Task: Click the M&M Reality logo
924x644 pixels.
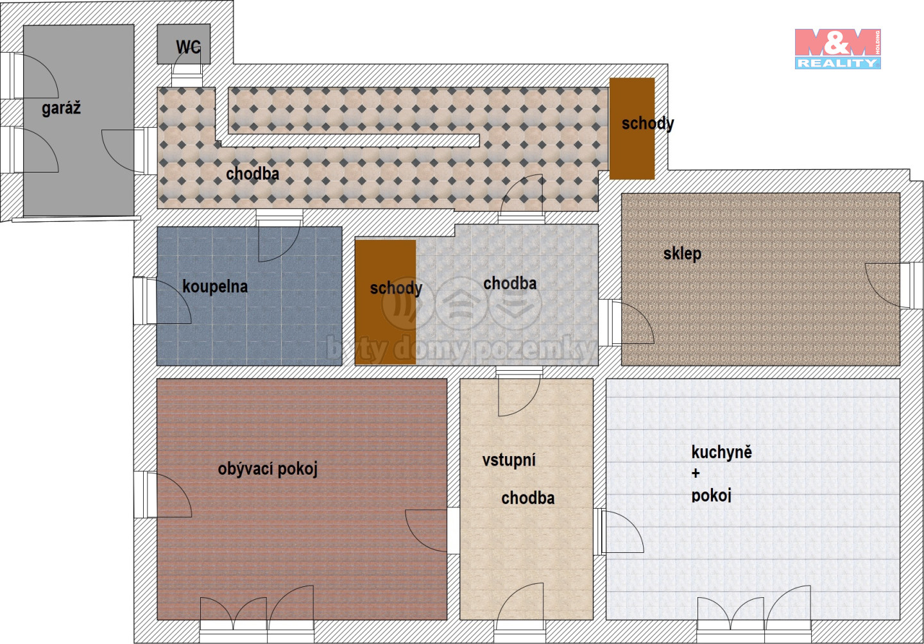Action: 837,49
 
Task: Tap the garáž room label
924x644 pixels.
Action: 61,108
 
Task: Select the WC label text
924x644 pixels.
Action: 189,47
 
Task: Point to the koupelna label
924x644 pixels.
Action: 215,287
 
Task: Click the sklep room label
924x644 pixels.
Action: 682,254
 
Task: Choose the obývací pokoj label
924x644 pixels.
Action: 268,469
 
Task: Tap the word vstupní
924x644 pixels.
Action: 509,461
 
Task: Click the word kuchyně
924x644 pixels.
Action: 721,452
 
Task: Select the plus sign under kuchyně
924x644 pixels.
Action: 696,473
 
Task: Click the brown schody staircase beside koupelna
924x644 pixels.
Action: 385,302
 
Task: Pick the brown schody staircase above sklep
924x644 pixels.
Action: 632,129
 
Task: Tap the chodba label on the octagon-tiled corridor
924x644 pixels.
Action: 252,174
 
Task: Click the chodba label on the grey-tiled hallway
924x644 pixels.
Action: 510,284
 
